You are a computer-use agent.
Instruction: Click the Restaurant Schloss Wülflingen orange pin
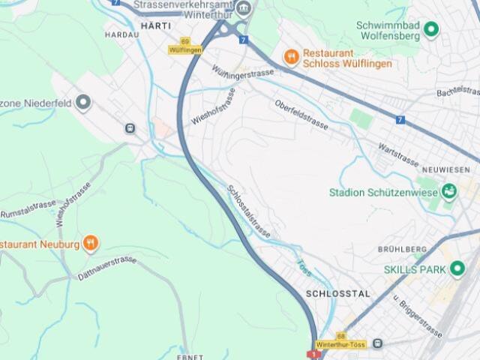pos(291,55)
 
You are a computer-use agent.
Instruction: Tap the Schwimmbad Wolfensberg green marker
pos(431,30)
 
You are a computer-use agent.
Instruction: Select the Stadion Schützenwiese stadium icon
pos(448,191)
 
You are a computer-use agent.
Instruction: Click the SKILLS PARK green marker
pos(457,269)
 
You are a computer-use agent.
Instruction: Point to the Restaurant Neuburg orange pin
pos(90,242)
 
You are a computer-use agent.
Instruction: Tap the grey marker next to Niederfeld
pos(83,102)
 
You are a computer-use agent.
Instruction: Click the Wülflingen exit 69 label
pos(185,46)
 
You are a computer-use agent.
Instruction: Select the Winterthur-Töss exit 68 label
pos(341,340)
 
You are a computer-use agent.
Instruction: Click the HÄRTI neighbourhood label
pos(155,25)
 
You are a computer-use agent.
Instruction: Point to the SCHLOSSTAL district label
pos(338,294)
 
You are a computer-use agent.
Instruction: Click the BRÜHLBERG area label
pos(402,249)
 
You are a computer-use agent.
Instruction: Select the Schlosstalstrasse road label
pos(248,211)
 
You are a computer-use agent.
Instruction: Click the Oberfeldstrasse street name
pos(301,115)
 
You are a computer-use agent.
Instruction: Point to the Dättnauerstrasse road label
pos(106,268)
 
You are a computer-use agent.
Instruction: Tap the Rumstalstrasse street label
pos(28,209)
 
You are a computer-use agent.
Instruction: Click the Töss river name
pos(303,267)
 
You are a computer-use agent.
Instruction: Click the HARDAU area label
pos(122,34)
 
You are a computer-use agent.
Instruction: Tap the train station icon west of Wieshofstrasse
pos(130,128)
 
